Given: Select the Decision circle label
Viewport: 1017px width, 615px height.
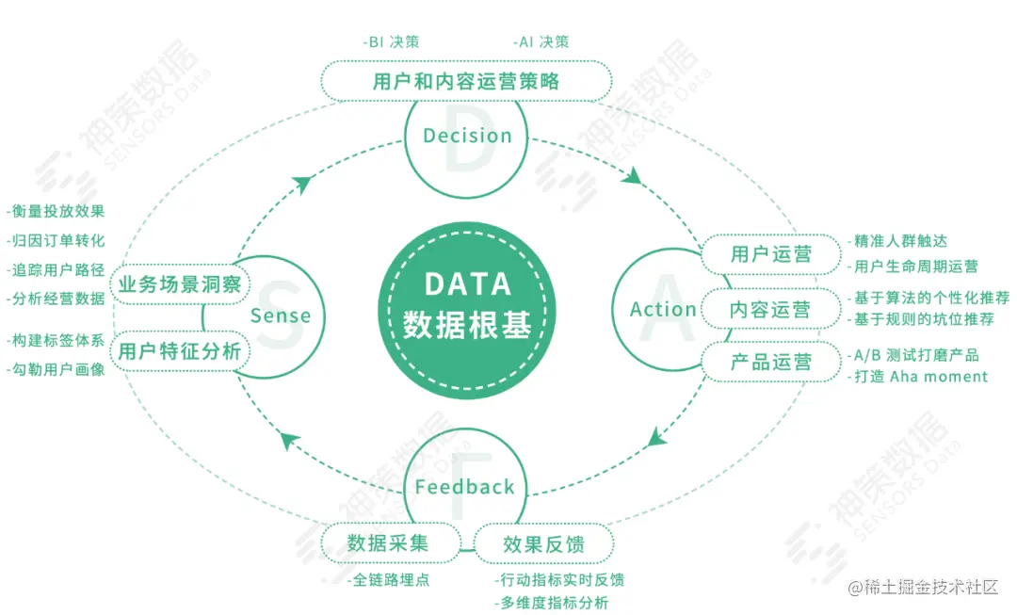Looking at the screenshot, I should pyautogui.click(x=467, y=136).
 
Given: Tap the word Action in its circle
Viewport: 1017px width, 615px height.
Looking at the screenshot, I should pyautogui.click(x=663, y=309).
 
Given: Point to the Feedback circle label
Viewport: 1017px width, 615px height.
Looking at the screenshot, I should pyautogui.click(x=464, y=487).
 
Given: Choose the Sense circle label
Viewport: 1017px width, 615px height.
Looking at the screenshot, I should pyautogui.click(x=281, y=316).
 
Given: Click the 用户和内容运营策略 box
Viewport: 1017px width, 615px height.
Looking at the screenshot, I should pyautogui.click(x=466, y=81).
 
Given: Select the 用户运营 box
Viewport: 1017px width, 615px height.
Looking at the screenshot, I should pyautogui.click(x=771, y=254).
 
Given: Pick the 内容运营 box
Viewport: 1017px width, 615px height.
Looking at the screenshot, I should pyautogui.click(x=771, y=309).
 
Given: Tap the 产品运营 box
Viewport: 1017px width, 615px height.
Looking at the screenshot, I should pyautogui.click(x=771, y=363).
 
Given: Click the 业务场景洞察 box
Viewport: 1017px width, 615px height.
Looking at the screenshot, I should pyautogui.click(x=179, y=284).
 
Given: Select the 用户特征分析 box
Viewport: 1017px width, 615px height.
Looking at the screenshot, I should pyautogui.click(x=179, y=352).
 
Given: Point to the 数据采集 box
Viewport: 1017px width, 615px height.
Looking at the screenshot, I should pyautogui.click(x=388, y=543).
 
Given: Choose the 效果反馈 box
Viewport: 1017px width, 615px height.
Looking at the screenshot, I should pyautogui.click(x=543, y=544).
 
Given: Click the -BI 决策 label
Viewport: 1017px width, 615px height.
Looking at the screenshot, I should pyautogui.click(x=391, y=42).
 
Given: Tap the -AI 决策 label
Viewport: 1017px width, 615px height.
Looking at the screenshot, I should pyautogui.click(x=541, y=42).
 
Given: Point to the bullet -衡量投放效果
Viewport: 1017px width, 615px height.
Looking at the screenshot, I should pyautogui.click(x=56, y=211).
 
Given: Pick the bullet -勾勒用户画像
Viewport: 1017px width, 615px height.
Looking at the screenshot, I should pyautogui.click(x=56, y=368).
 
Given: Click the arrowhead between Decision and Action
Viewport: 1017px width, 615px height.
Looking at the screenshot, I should pyautogui.click(x=634, y=176).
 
